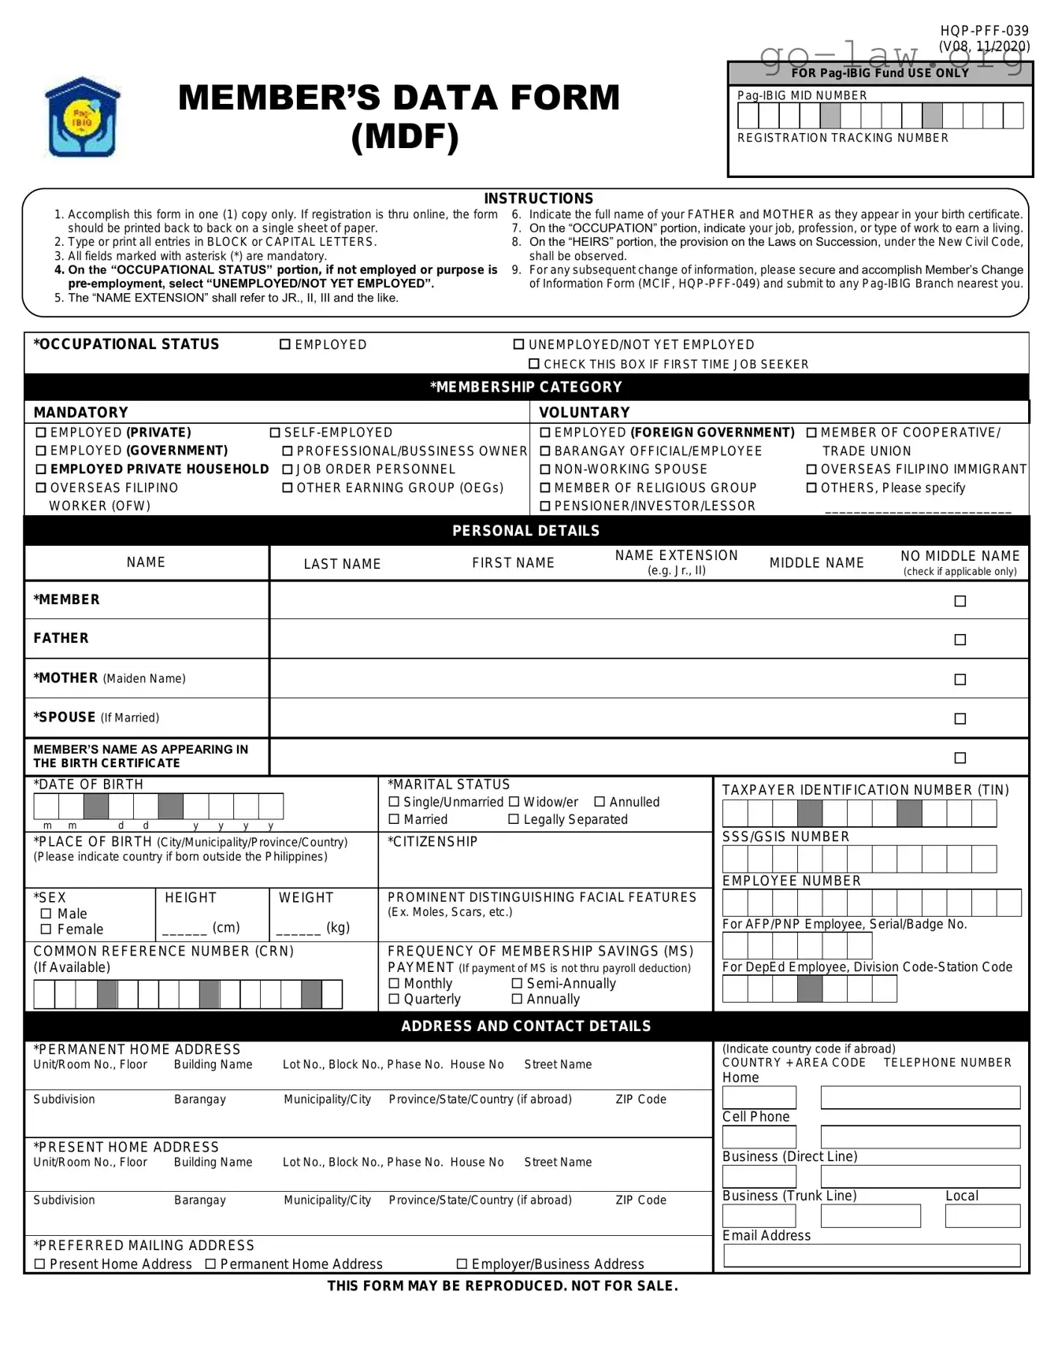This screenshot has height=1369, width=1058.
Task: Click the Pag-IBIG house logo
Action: (x=82, y=117)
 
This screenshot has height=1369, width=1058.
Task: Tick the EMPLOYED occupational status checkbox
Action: (x=285, y=345)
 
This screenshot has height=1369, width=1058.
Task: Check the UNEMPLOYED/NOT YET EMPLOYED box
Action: (x=518, y=345)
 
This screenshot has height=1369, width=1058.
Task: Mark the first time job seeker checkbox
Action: (x=534, y=364)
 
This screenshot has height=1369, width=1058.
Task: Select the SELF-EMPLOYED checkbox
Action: (x=275, y=432)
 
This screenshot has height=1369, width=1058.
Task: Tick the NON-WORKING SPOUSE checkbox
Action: (x=544, y=469)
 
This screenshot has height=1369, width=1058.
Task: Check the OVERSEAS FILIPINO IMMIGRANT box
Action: (x=811, y=469)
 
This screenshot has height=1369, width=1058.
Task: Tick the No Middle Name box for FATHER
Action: (x=960, y=640)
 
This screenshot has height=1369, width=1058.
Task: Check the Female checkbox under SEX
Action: (x=46, y=929)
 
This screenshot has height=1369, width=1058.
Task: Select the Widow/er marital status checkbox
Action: (x=514, y=802)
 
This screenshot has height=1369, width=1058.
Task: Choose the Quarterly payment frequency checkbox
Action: (x=394, y=999)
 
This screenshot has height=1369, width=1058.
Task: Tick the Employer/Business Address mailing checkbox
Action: (x=462, y=1264)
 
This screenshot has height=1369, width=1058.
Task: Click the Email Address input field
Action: (x=871, y=1255)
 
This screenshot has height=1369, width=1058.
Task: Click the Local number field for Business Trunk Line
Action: (x=982, y=1215)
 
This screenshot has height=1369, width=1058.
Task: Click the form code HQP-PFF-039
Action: (x=984, y=31)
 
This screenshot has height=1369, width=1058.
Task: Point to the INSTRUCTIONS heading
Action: (x=538, y=198)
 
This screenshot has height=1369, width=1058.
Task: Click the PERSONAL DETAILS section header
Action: (x=525, y=531)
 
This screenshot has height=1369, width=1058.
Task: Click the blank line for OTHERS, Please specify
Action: (x=918, y=510)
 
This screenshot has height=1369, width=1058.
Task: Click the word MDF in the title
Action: (x=404, y=136)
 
